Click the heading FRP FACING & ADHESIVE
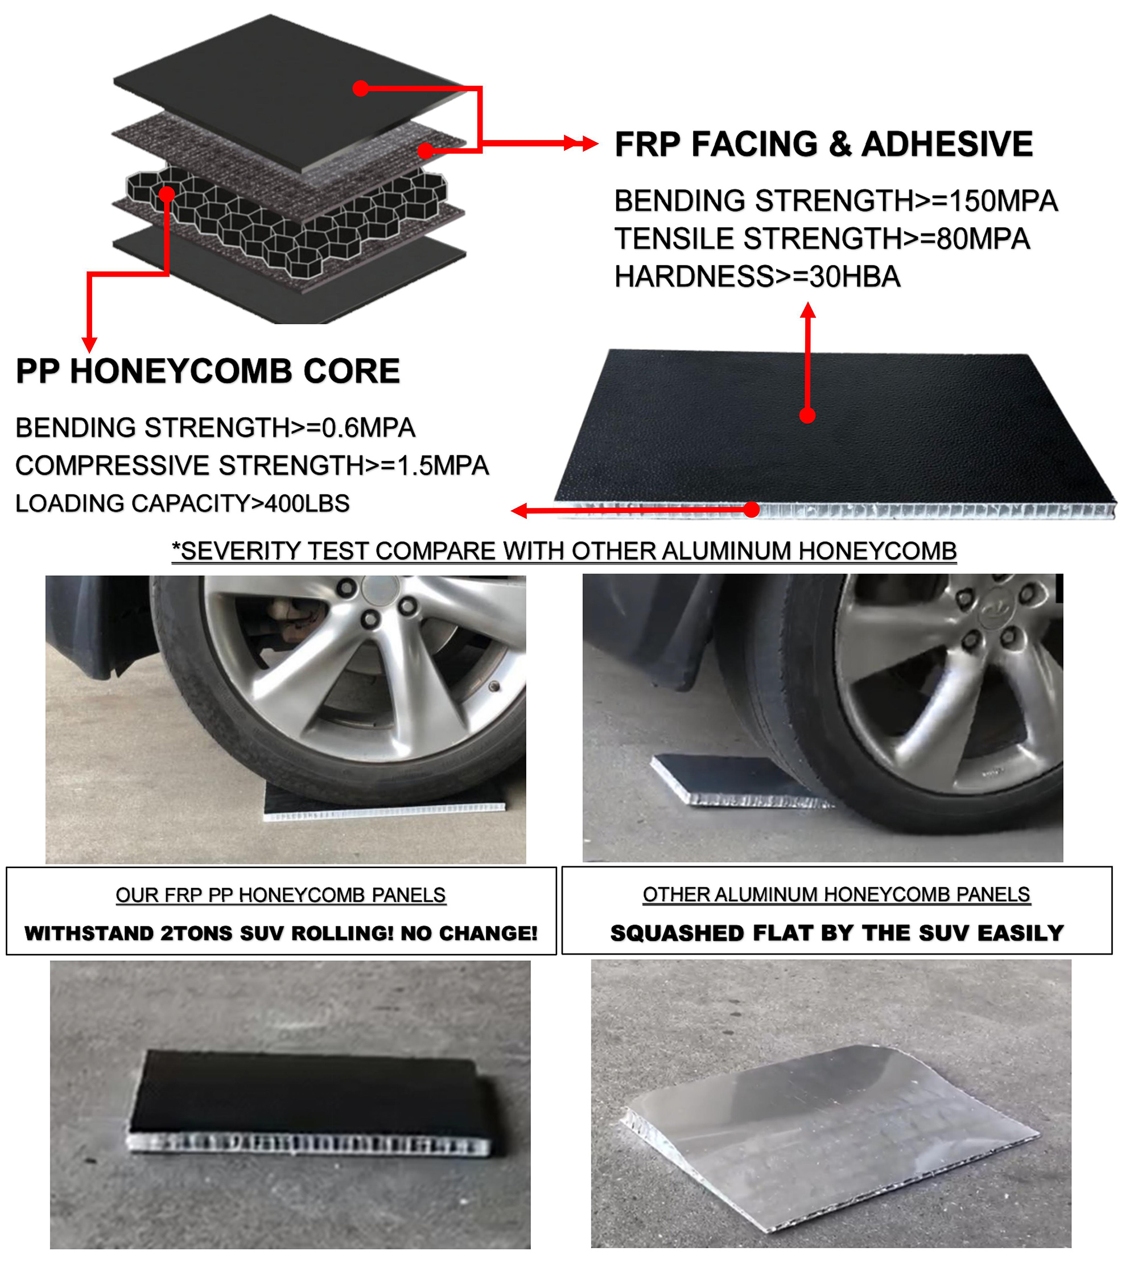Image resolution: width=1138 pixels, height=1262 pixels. pos(823,144)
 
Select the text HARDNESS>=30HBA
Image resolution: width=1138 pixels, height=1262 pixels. pos(757,277)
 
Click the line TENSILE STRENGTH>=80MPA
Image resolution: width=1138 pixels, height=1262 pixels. pos(822,239)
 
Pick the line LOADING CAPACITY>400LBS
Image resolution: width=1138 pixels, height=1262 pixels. pos(182,503)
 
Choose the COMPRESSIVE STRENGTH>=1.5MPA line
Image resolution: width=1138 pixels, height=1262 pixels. pos(252,465)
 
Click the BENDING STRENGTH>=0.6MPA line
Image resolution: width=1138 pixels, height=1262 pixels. pos(215,427)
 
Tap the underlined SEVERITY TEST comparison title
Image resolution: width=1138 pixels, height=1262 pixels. pos(564,551)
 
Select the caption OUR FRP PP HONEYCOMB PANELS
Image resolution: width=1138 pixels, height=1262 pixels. pos(281,895)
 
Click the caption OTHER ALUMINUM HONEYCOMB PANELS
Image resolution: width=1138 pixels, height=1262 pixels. pos(836,894)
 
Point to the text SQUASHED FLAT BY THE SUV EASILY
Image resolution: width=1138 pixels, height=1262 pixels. pos(836,932)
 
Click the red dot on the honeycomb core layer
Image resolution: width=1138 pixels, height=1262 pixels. pos(166,195)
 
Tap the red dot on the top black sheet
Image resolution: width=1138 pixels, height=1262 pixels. pos(360,89)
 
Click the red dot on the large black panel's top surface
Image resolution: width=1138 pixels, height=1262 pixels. pos(807,415)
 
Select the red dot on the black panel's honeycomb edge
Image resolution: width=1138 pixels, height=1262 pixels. pos(752,509)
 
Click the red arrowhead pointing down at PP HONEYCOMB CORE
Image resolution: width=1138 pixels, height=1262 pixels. pos(89,344)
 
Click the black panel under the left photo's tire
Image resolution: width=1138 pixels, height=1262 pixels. pos(384,801)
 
